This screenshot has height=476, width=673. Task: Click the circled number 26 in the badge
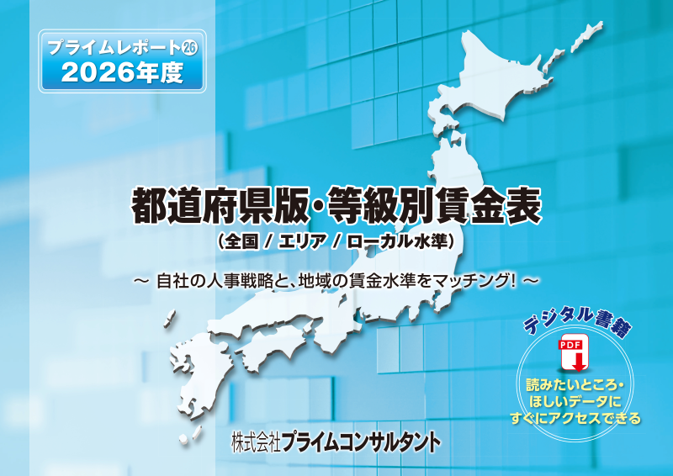(x=189, y=47)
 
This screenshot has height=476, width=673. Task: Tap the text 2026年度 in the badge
(x=123, y=72)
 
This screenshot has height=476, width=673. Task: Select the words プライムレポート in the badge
(x=113, y=48)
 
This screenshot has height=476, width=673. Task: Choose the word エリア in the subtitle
(x=299, y=241)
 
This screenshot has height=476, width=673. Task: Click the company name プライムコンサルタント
(x=361, y=442)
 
